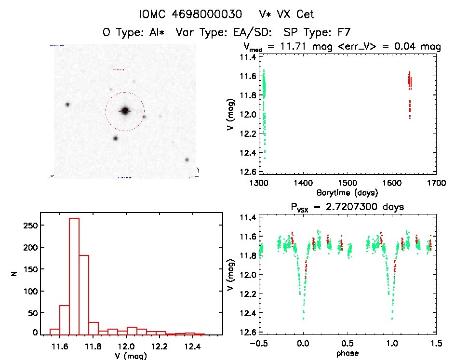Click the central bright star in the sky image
coord(125,111)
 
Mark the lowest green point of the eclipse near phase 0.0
coord(303,319)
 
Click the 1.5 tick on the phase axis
coord(436,343)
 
